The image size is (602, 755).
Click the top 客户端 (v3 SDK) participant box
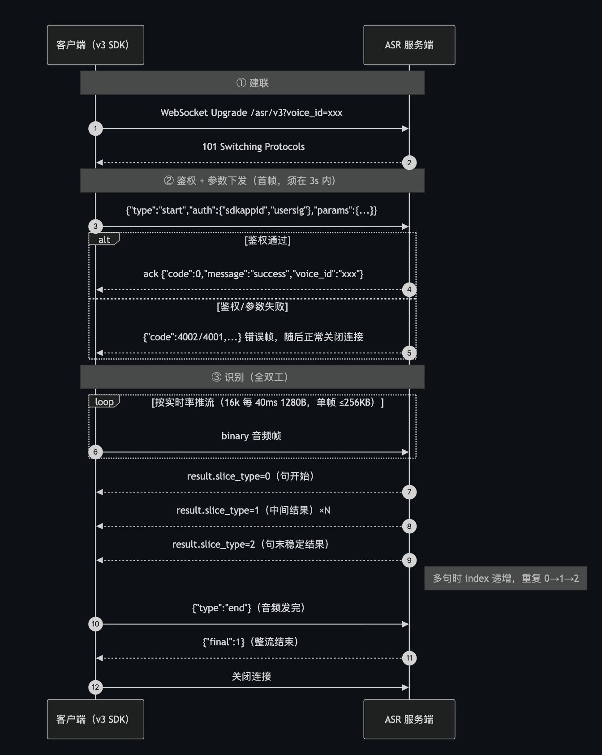(95, 45)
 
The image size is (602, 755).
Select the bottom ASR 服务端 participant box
(409, 719)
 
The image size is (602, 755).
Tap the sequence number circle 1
(95, 129)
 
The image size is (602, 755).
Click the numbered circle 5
(409, 353)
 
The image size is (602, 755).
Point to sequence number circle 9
(409, 560)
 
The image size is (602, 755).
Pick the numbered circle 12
(95, 687)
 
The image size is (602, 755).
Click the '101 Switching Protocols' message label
(254, 147)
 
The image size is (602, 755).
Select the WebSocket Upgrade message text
(251, 113)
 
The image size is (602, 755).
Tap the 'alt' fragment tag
(104, 239)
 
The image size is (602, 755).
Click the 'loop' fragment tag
(104, 402)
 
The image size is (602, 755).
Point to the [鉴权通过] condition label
(268, 240)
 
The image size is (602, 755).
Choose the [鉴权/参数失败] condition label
(253, 307)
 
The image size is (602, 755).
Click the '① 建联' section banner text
(253, 83)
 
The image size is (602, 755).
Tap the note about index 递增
(506, 578)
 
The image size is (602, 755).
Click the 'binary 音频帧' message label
(251, 436)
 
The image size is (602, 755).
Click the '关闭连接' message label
(251, 676)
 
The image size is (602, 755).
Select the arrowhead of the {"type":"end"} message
(406, 624)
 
